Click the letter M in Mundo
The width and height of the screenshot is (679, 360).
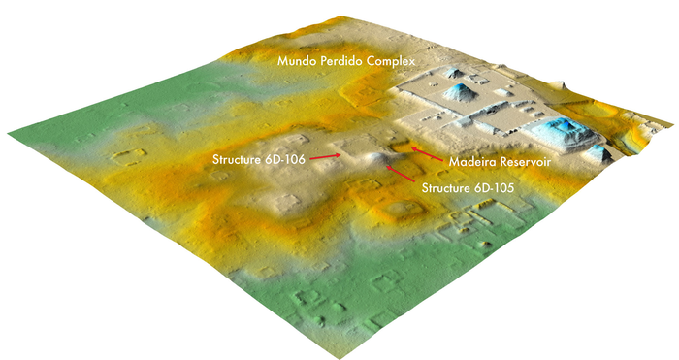pos(283,61)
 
